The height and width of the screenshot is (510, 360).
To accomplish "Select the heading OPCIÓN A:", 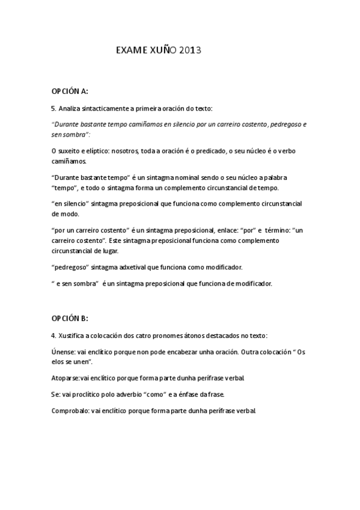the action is pyautogui.click(x=70, y=91).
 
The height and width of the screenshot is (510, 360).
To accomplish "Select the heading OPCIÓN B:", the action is pyautogui.click(x=70, y=319).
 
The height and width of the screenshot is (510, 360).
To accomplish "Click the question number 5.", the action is pyautogui.click(x=53, y=108).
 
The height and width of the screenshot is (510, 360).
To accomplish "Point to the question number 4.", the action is pyautogui.click(x=53, y=335).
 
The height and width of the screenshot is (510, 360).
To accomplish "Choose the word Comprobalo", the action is pyautogui.click(x=70, y=411).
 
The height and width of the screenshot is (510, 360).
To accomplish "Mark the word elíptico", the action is pyautogui.click(x=91, y=148).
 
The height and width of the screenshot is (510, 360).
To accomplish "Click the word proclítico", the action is pyautogui.click(x=87, y=395).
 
